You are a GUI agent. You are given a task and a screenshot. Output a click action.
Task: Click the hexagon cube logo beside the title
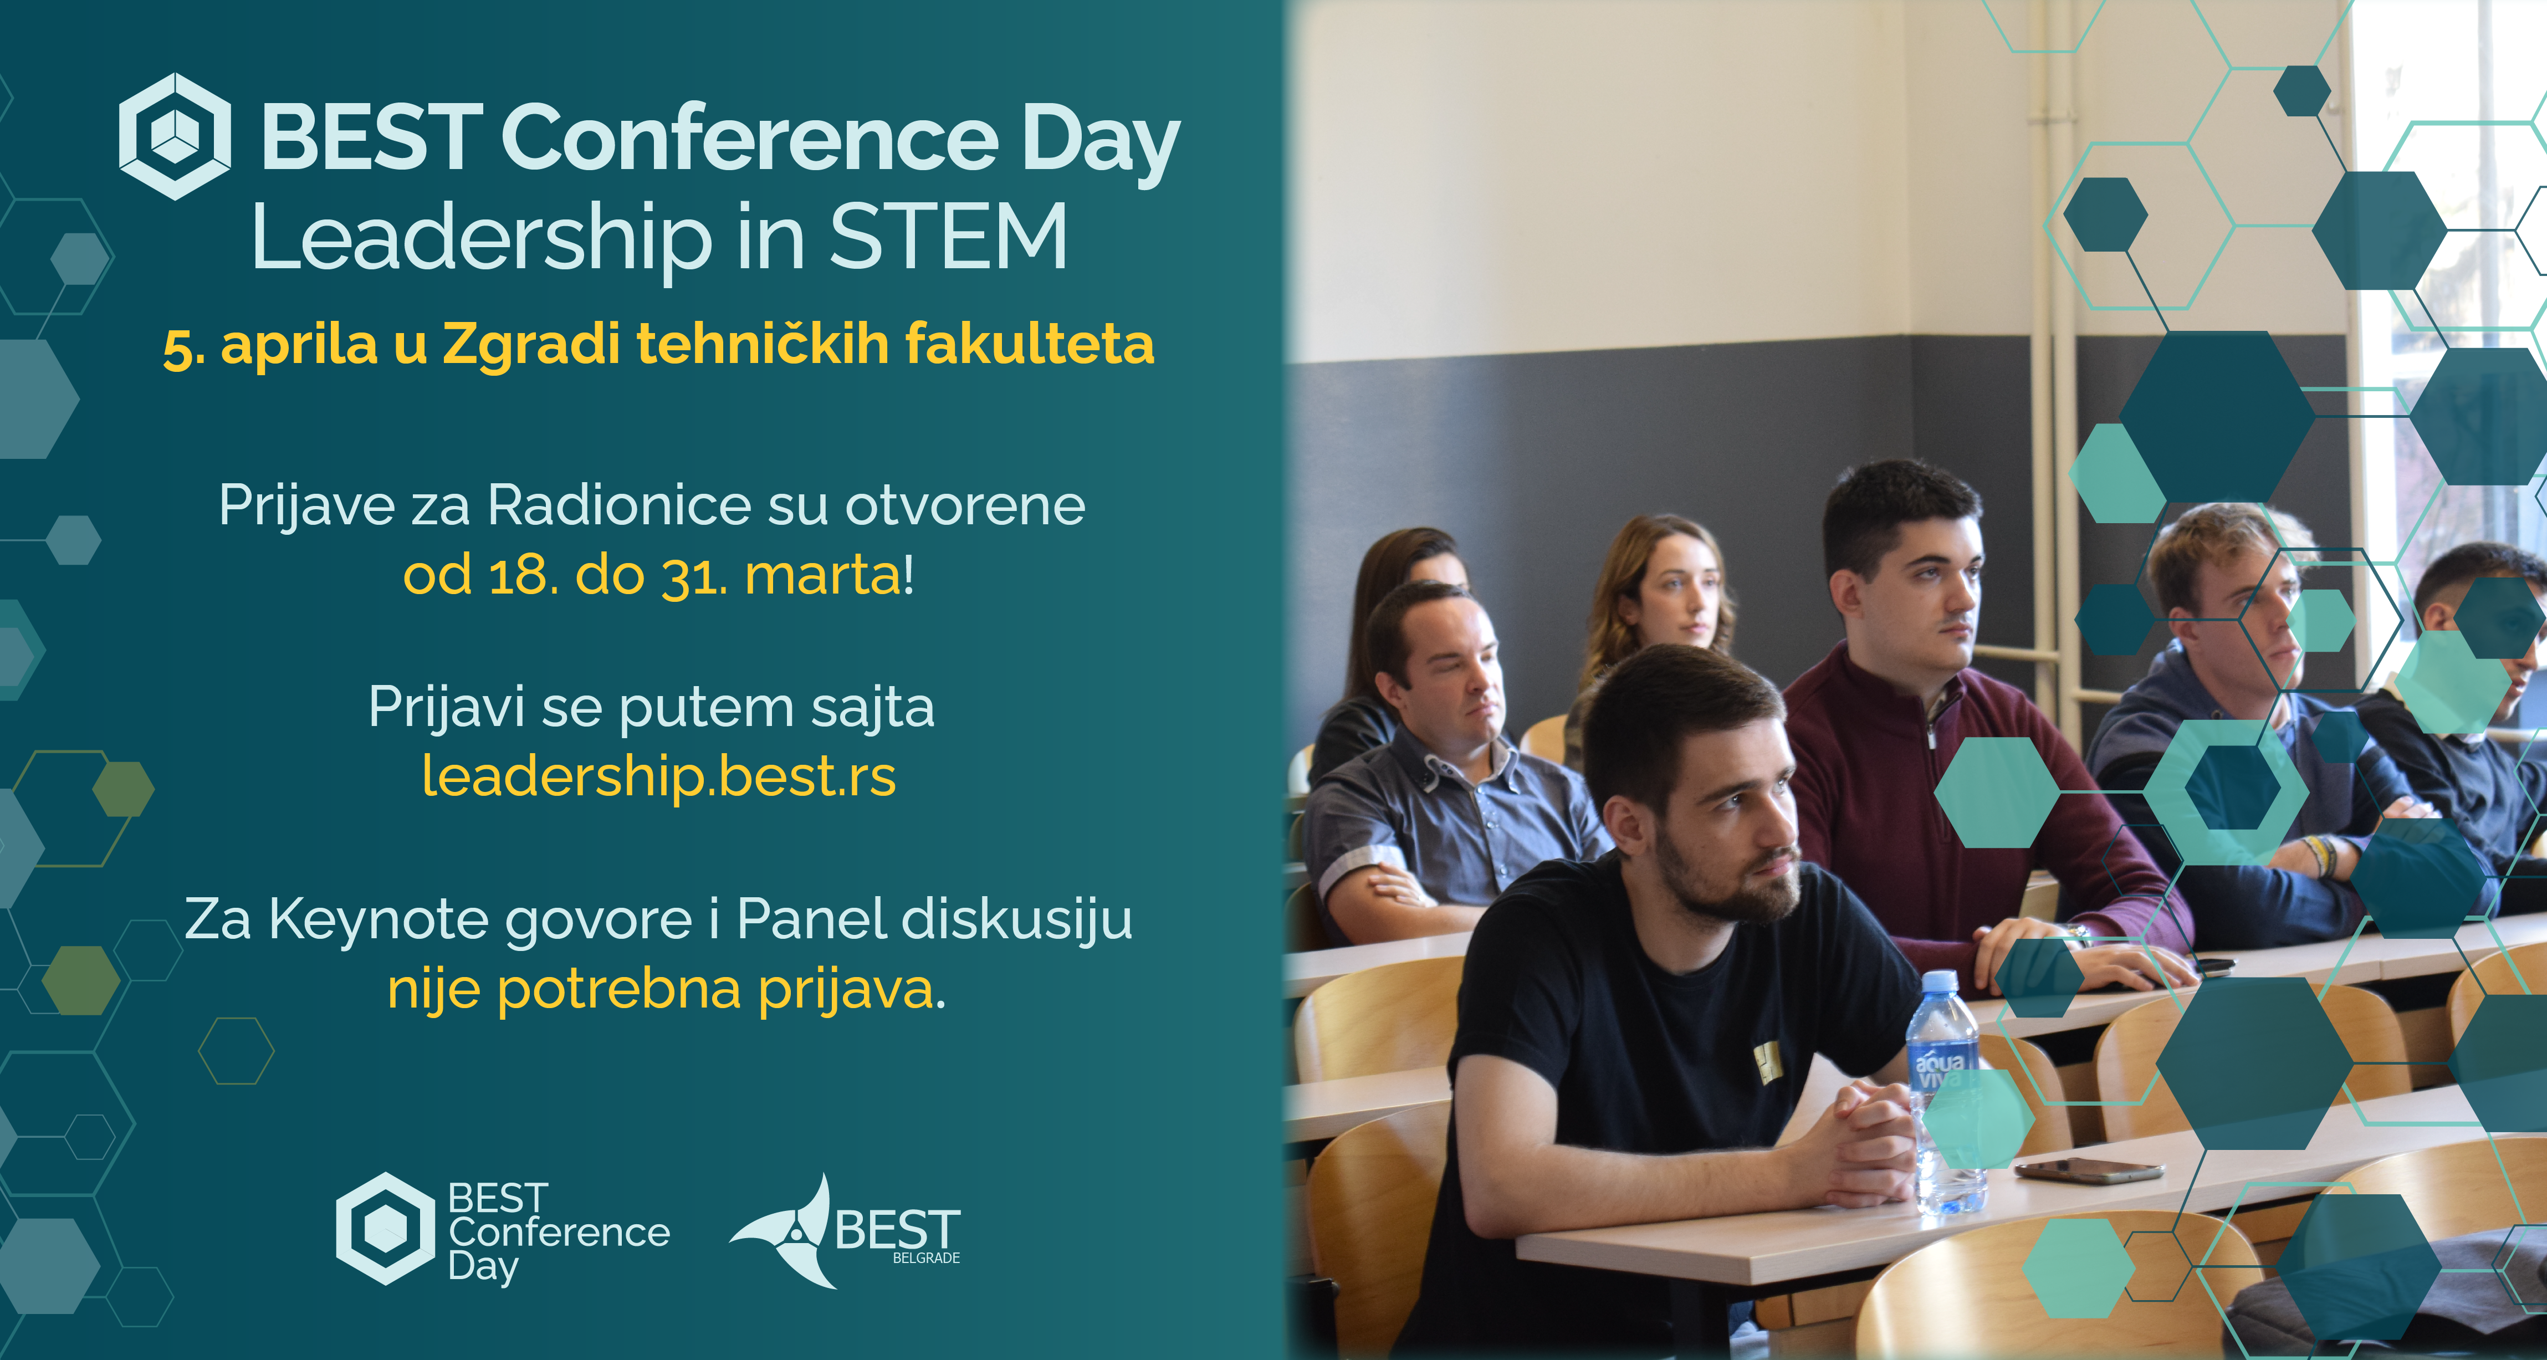175,136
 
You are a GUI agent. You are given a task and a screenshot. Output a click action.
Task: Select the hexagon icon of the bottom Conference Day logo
386,1229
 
